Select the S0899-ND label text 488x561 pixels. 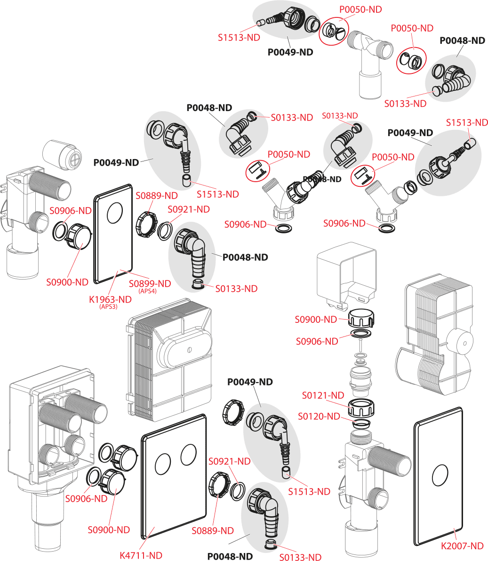150,284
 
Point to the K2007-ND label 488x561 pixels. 462,546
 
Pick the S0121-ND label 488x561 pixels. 323,395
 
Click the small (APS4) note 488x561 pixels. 148,292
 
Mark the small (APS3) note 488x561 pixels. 108,307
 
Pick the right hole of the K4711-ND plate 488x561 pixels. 189,453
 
